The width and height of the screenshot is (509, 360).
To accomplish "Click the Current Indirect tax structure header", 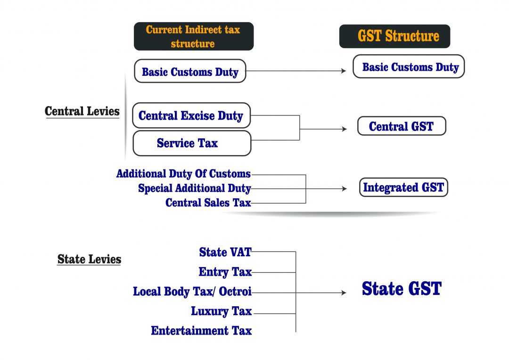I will (x=193, y=36).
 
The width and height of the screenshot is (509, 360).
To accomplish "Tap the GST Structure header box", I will (x=394, y=36).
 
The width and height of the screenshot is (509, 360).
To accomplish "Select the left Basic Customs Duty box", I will (x=190, y=71).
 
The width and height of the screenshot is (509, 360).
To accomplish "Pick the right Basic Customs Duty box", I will (x=409, y=66).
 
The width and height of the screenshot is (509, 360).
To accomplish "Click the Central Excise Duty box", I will (x=191, y=115).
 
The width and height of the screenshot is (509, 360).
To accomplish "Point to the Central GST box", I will (x=401, y=126).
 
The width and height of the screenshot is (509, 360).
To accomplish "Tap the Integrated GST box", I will (x=403, y=188).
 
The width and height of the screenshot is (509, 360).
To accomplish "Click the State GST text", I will (x=402, y=288).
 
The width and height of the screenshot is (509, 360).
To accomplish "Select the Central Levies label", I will (x=82, y=112).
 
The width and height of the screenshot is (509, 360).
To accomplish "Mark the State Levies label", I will (x=89, y=259).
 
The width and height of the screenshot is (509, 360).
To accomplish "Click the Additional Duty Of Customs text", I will (x=183, y=174).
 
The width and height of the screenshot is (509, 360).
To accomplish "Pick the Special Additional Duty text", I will (x=194, y=188).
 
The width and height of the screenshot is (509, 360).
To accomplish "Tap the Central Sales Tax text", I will (x=208, y=203).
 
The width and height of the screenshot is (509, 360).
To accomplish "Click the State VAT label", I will (x=225, y=252).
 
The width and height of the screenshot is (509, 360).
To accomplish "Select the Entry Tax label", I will (x=225, y=272).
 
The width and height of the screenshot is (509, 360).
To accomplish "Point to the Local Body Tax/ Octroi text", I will (x=192, y=292).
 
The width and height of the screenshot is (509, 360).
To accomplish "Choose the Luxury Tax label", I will (x=221, y=311).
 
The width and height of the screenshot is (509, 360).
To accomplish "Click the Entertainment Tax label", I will (x=201, y=330).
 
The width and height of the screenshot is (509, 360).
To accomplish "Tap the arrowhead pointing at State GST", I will (x=344, y=293).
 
